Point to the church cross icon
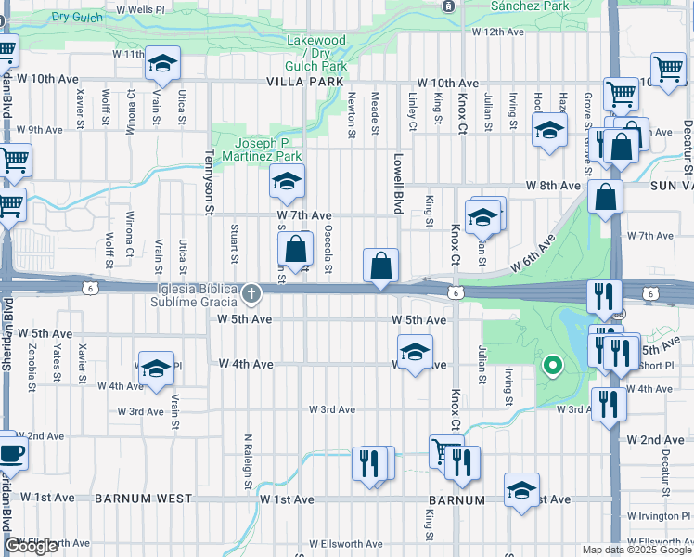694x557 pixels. [x=250, y=296]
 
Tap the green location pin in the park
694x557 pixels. [x=553, y=366]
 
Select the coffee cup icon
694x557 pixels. [x=12, y=454]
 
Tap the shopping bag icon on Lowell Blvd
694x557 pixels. [x=381, y=266]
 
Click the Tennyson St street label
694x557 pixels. [x=210, y=182]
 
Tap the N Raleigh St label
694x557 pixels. [x=248, y=460]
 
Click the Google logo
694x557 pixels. [x=31, y=546]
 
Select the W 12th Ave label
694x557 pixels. [x=498, y=32]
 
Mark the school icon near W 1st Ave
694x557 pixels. [x=521, y=489]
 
